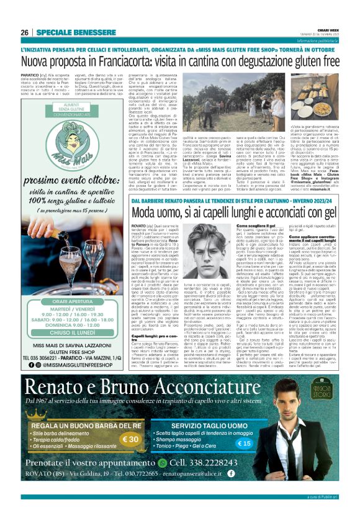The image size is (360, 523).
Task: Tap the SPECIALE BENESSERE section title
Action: (70, 32)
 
